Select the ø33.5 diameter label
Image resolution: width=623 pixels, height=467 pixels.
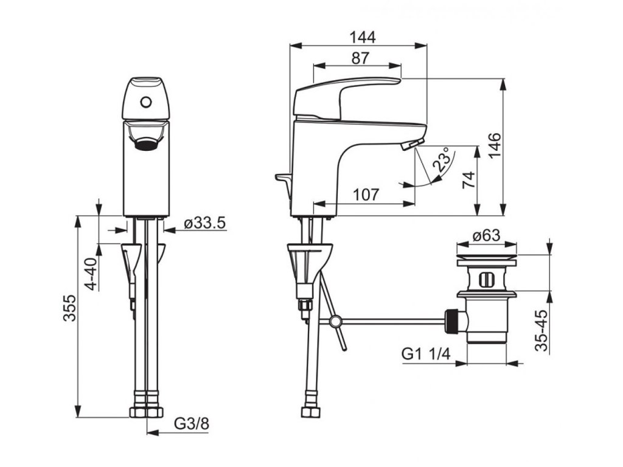coord(204,223)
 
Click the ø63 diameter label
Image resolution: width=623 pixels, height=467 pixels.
coord(486,235)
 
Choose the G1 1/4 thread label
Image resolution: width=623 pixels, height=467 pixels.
coord(425,354)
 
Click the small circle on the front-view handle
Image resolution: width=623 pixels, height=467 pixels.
coord(145,102)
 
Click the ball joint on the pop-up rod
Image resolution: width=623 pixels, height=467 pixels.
coord(333,321)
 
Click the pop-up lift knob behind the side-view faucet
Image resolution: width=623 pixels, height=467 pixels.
coord(283,178)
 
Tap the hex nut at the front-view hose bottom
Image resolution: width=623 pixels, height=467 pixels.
coord(147,411)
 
